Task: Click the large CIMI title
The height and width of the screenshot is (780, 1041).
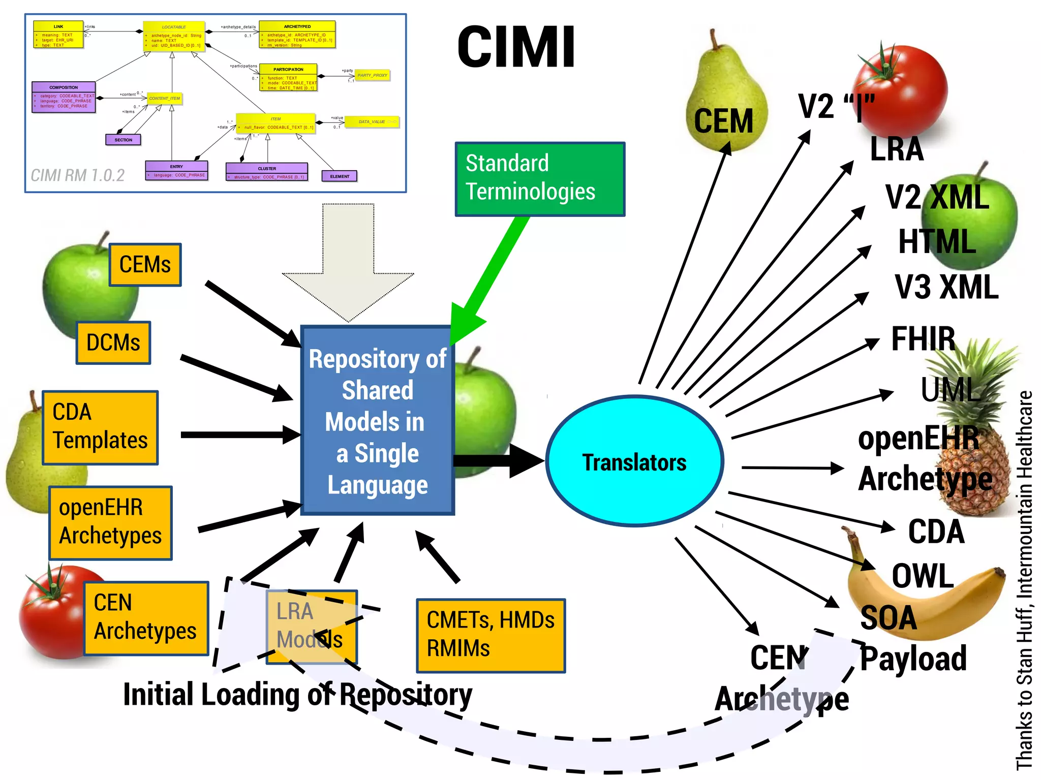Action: (x=516, y=47)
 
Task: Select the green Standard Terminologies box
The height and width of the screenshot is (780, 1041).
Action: (x=539, y=179)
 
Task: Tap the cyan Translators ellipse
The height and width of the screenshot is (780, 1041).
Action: (x=634, y=461)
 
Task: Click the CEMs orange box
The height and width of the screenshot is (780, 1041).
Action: (x=145, y=265)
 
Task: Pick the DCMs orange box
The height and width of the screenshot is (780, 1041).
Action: (x=113, y=342)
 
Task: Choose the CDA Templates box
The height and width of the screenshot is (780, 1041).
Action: (x=100, y=427)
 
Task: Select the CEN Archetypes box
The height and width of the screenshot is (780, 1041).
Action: (x=146, y=618)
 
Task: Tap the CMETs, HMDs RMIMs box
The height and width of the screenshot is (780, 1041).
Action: (x=491, y=635)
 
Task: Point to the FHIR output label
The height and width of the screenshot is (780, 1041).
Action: (x=923, y=339)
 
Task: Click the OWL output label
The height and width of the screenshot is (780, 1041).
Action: (x=923, y=576)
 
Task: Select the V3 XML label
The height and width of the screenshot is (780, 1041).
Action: (x=946, y=288)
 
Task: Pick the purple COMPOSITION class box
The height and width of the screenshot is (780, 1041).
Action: (x=64, y=97)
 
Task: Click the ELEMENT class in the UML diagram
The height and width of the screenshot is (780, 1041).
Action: (x=340, y=176)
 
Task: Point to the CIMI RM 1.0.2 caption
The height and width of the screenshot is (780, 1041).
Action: (x=77, y=176)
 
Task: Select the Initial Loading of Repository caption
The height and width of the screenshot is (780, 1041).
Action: (x=297, y=695)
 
